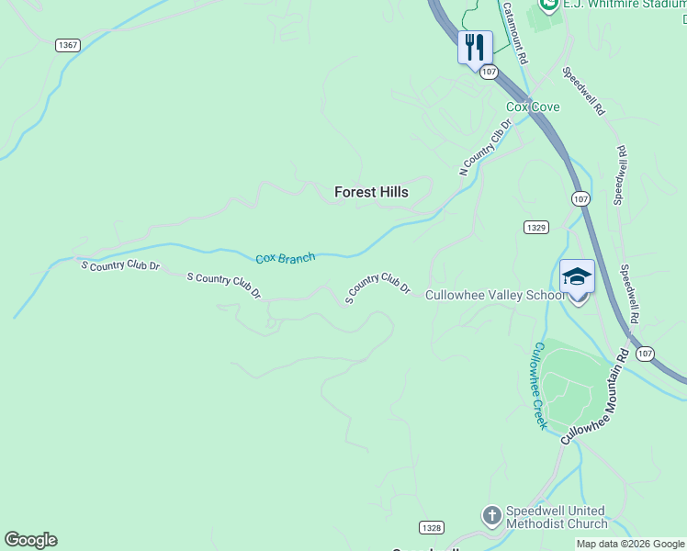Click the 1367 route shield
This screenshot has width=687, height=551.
point(67,45)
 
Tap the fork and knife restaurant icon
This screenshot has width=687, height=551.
point(475,47)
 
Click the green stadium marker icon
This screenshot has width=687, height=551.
point(549,5)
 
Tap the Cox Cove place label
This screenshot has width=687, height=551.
point(533,107)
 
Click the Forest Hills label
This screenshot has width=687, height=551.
point(371,192)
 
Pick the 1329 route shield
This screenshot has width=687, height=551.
point(537,227)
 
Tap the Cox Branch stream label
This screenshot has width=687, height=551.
point(285,259)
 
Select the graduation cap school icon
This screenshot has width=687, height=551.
point(578,276)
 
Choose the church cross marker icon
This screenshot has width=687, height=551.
point(492,516)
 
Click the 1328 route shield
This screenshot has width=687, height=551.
point(432,527)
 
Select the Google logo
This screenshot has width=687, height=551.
point(30,540)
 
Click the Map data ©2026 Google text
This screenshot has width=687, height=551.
point(630,544)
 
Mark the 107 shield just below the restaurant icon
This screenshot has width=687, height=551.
point(489,71)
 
